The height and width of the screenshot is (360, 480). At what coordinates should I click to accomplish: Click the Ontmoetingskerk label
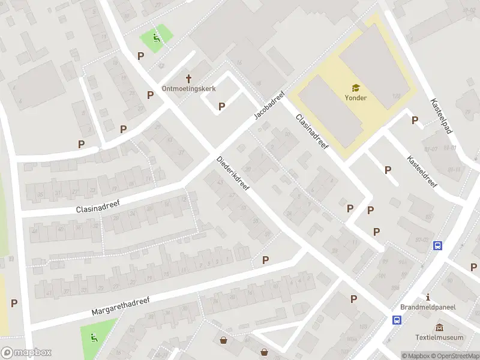[189, 89]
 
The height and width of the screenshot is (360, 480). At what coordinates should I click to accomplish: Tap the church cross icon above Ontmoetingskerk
[189, 78]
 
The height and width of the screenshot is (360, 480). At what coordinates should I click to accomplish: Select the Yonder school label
[355, 98]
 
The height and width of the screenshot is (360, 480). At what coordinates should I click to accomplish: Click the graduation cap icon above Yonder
[355, 88]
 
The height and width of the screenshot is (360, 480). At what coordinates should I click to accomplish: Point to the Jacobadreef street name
[268, 106]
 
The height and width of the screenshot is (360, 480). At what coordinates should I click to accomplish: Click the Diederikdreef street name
[234, 173]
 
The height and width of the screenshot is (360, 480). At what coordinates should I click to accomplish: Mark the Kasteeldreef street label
[422, 172]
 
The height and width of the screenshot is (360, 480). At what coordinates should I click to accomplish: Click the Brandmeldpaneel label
[428, 307]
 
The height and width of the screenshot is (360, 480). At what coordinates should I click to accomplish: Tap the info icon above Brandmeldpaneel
[428, 297]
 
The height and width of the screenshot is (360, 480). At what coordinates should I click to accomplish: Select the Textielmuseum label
[440, 337]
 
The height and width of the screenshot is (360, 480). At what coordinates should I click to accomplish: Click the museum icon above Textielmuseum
[440, 327]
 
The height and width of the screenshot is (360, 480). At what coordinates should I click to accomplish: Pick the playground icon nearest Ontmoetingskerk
[157, 39]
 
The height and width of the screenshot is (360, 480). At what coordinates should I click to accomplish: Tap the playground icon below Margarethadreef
[94, 338]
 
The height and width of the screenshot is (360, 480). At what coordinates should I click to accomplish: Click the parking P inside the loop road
[221, 106]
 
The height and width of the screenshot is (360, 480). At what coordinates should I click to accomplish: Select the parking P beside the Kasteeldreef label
[388, 170]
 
